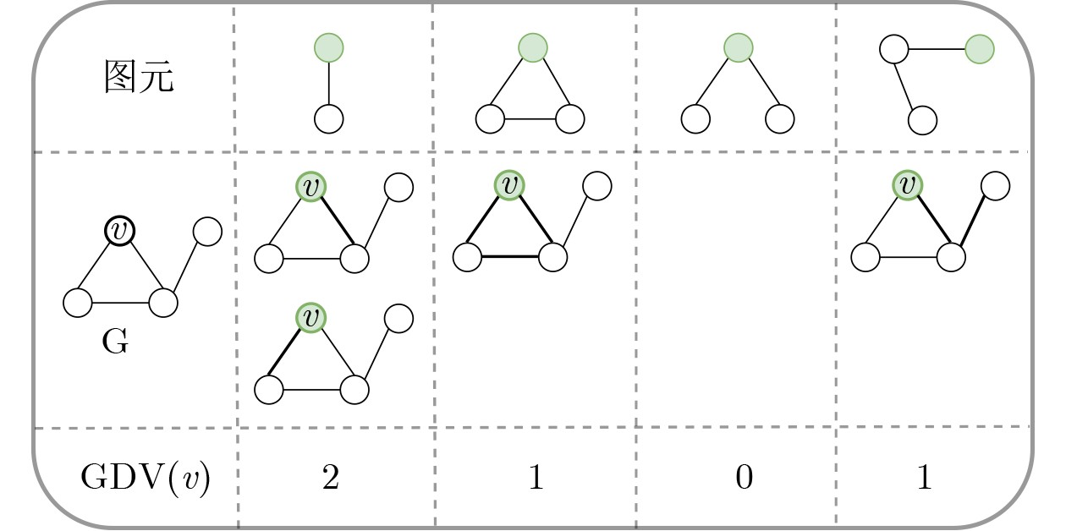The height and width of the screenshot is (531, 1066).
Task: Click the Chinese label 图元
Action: (139, 77)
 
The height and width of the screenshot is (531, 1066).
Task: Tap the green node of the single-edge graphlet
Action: (329, 47)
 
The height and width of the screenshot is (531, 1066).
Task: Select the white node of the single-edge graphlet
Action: (329, 119)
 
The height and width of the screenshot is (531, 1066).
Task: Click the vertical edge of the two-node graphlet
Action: (329, 83)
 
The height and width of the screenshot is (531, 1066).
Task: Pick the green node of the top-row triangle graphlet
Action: (533, 47)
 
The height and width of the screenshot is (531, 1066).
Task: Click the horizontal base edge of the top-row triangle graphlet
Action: (530, 119)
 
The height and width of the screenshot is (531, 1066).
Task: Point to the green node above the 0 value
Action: (739, 47)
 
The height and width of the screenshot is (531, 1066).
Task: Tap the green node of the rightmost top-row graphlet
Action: (980, 49)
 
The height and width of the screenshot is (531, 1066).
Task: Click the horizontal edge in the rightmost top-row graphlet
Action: (937, 49)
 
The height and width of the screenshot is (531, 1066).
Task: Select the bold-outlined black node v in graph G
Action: (120, 231)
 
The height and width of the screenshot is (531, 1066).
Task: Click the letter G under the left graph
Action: (115, 342)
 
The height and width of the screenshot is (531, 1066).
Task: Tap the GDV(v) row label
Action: (146, 478)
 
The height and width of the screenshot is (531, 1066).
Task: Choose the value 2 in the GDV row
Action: (331, 477)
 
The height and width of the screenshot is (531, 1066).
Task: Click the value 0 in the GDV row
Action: (745, 477)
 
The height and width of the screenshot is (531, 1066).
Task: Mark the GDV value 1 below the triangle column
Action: (536, 477)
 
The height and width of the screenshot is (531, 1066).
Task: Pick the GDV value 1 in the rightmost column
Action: (925, 477)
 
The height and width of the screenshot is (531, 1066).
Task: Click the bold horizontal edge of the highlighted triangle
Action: (510, 257)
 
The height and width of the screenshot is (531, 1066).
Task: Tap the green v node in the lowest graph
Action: (310, 318)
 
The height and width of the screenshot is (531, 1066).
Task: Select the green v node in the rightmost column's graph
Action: (908, 185)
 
